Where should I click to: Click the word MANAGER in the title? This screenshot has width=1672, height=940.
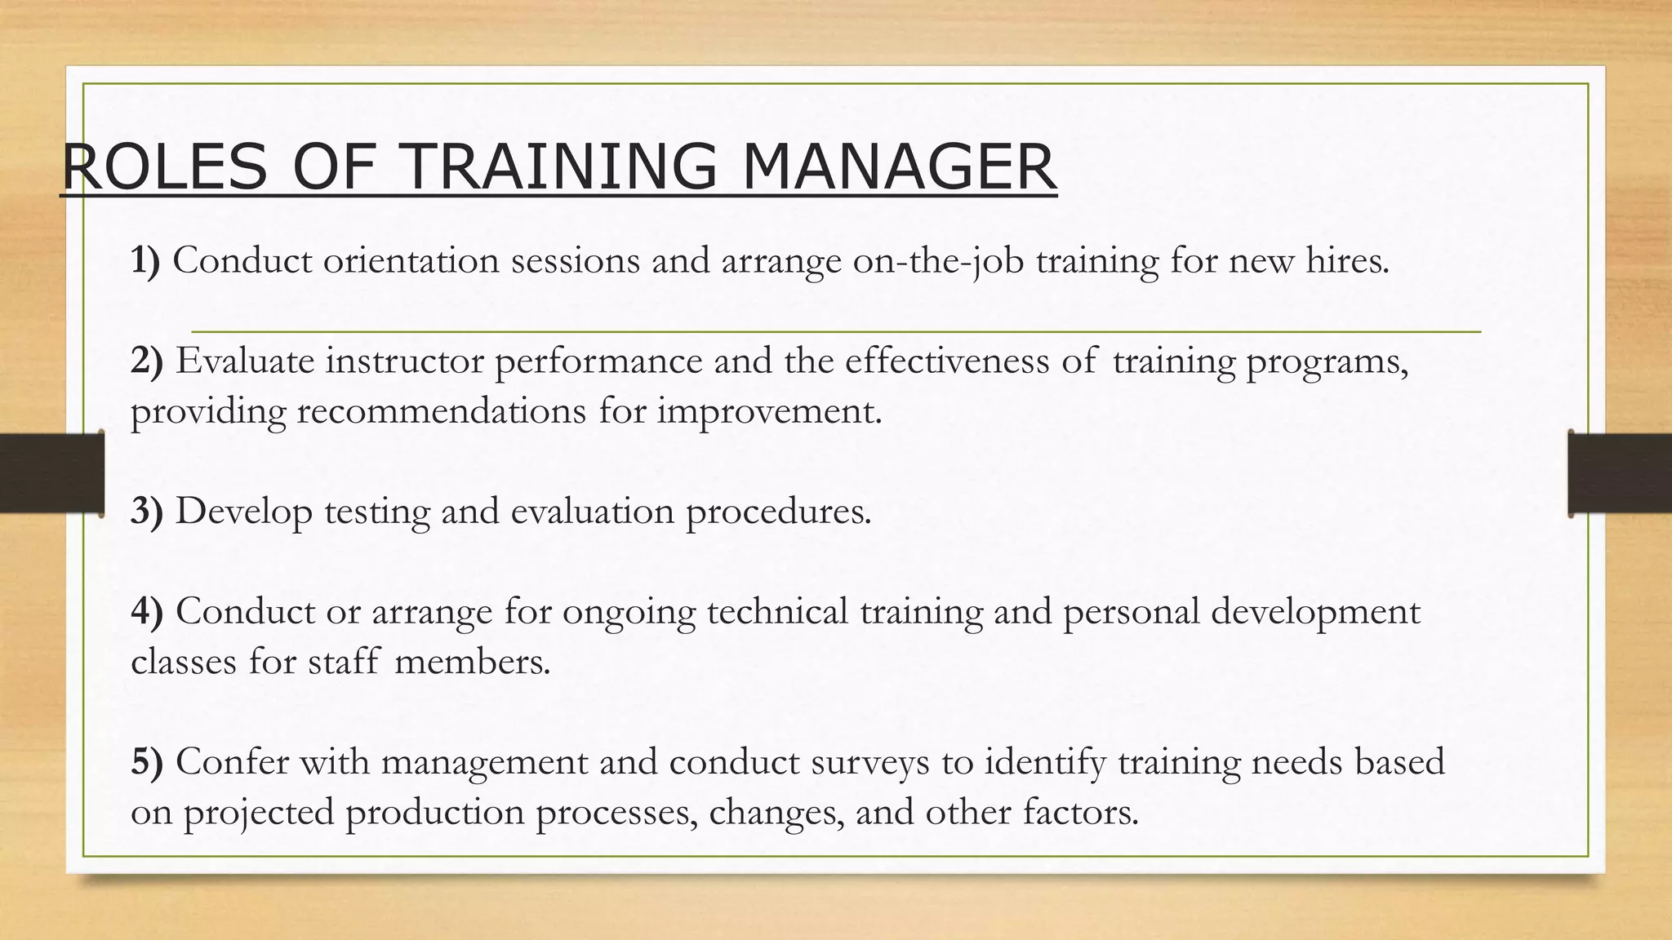[899, 167]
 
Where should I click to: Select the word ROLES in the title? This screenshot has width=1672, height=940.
[164, 167]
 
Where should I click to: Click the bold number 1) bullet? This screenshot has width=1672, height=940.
[145, 261]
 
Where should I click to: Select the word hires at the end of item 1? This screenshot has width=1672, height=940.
[1346, 261]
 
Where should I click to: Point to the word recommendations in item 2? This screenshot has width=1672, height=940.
[441, 411]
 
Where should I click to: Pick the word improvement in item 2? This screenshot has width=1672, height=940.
[769, 411]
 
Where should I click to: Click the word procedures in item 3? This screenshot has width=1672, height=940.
[778, 512]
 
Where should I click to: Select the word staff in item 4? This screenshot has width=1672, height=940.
[344, 662]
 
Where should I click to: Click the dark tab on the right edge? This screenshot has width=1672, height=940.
[1620, 474]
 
